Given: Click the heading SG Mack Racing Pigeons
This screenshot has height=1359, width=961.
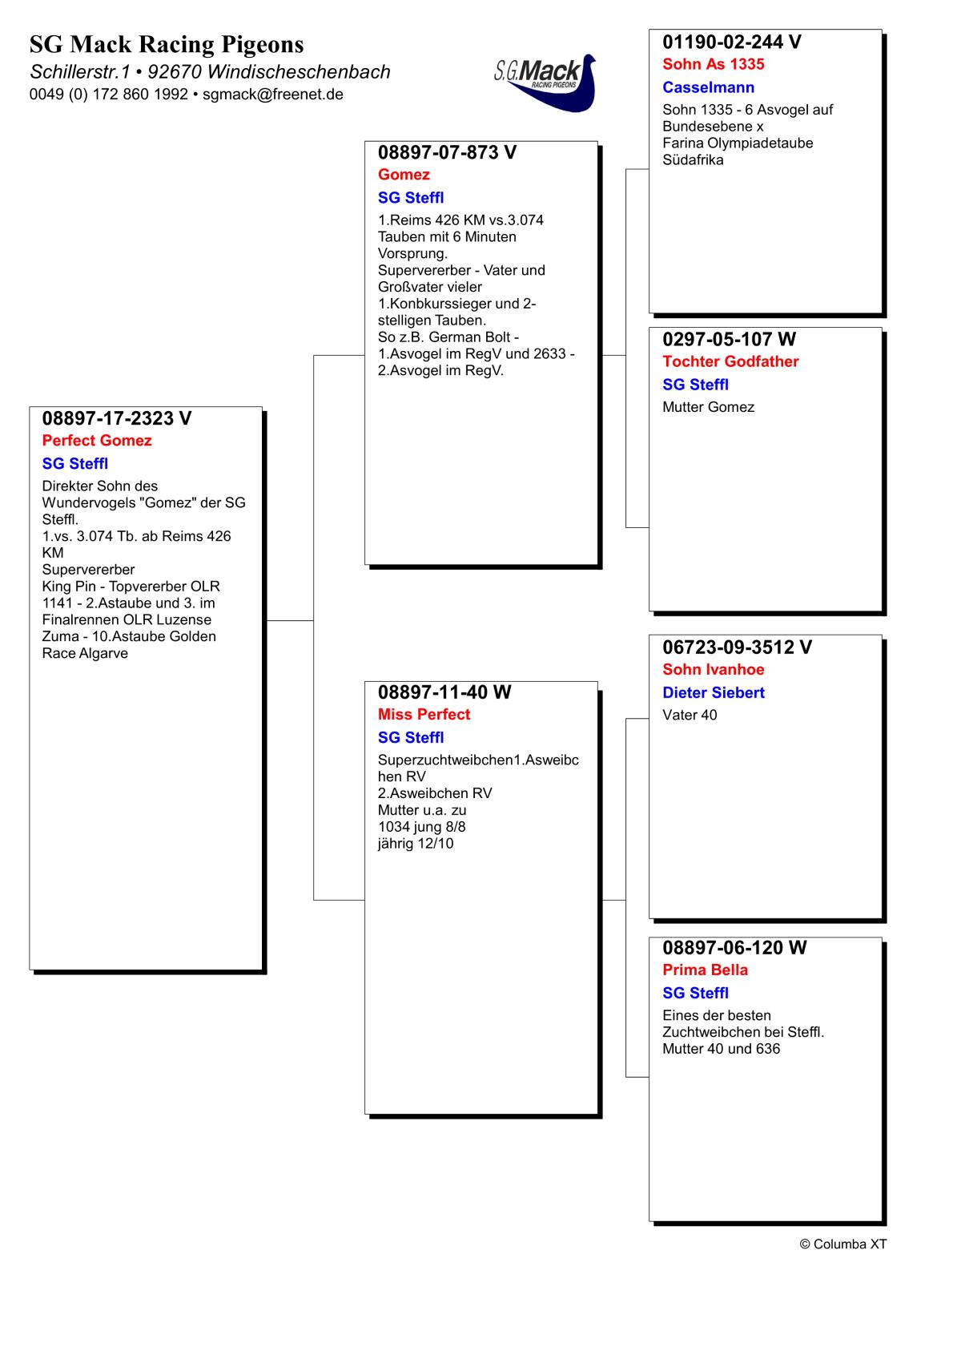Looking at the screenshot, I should (x=167, y=44).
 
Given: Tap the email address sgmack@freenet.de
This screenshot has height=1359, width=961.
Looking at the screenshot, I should (x=273, y=95).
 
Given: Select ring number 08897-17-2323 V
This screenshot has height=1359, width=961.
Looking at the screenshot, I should (x=117, y=418).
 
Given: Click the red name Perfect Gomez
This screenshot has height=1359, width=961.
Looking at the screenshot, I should (x=97, y=441).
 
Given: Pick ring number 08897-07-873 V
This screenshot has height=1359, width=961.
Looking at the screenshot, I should (x=447, y=152).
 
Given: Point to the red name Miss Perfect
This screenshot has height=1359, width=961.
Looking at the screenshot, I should (x=424, y=715).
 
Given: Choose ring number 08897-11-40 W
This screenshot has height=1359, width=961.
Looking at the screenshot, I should (x=444, y=692).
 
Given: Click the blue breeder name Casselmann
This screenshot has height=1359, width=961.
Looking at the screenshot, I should (x=708, y=87).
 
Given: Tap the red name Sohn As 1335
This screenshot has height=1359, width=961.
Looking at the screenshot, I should (x=714, y=64).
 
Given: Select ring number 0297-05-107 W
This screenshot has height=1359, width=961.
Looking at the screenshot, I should (x=730, y=339).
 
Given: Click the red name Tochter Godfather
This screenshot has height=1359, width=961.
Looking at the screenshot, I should (x=730, y=361).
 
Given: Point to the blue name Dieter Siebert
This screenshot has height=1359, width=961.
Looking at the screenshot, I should (x=714, y=693).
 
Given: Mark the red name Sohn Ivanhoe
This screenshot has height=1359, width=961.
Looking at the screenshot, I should (x=714, y=670).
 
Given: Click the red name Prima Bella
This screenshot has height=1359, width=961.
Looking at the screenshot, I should (x=705, y=970).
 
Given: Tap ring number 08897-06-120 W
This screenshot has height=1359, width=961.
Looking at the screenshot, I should (x=734, y=948).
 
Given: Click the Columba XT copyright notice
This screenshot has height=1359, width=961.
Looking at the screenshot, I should (x=843, y=1244).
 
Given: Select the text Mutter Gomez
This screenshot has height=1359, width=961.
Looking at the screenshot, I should (x=708, y=407).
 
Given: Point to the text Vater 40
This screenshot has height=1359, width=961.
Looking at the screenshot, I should (x=690, y=716).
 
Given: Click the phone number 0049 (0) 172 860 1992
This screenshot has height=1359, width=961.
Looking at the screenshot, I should (x=109, y=95).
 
